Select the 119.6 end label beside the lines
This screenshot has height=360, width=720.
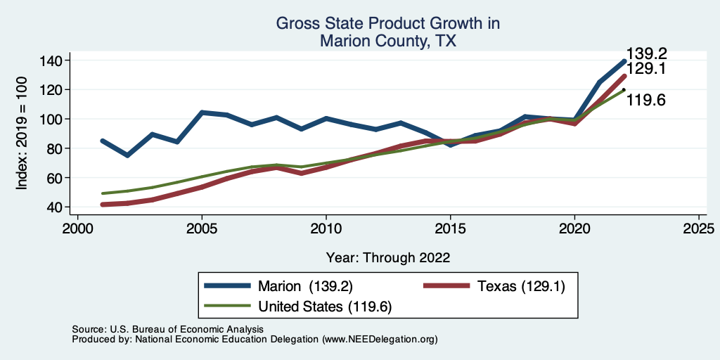click(646, 101)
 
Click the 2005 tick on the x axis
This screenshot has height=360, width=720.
click(202, 229)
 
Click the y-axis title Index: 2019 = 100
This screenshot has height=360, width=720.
click(22, 133)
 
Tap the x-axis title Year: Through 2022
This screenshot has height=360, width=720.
click(388, 257)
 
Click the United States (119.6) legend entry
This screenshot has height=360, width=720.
click(325, 307)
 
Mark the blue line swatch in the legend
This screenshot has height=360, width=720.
click(227, 286)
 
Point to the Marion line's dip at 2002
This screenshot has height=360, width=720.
click(127, 155)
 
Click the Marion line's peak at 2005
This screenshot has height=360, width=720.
click(202, 112)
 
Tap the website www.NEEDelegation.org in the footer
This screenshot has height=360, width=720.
click(380, 339)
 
